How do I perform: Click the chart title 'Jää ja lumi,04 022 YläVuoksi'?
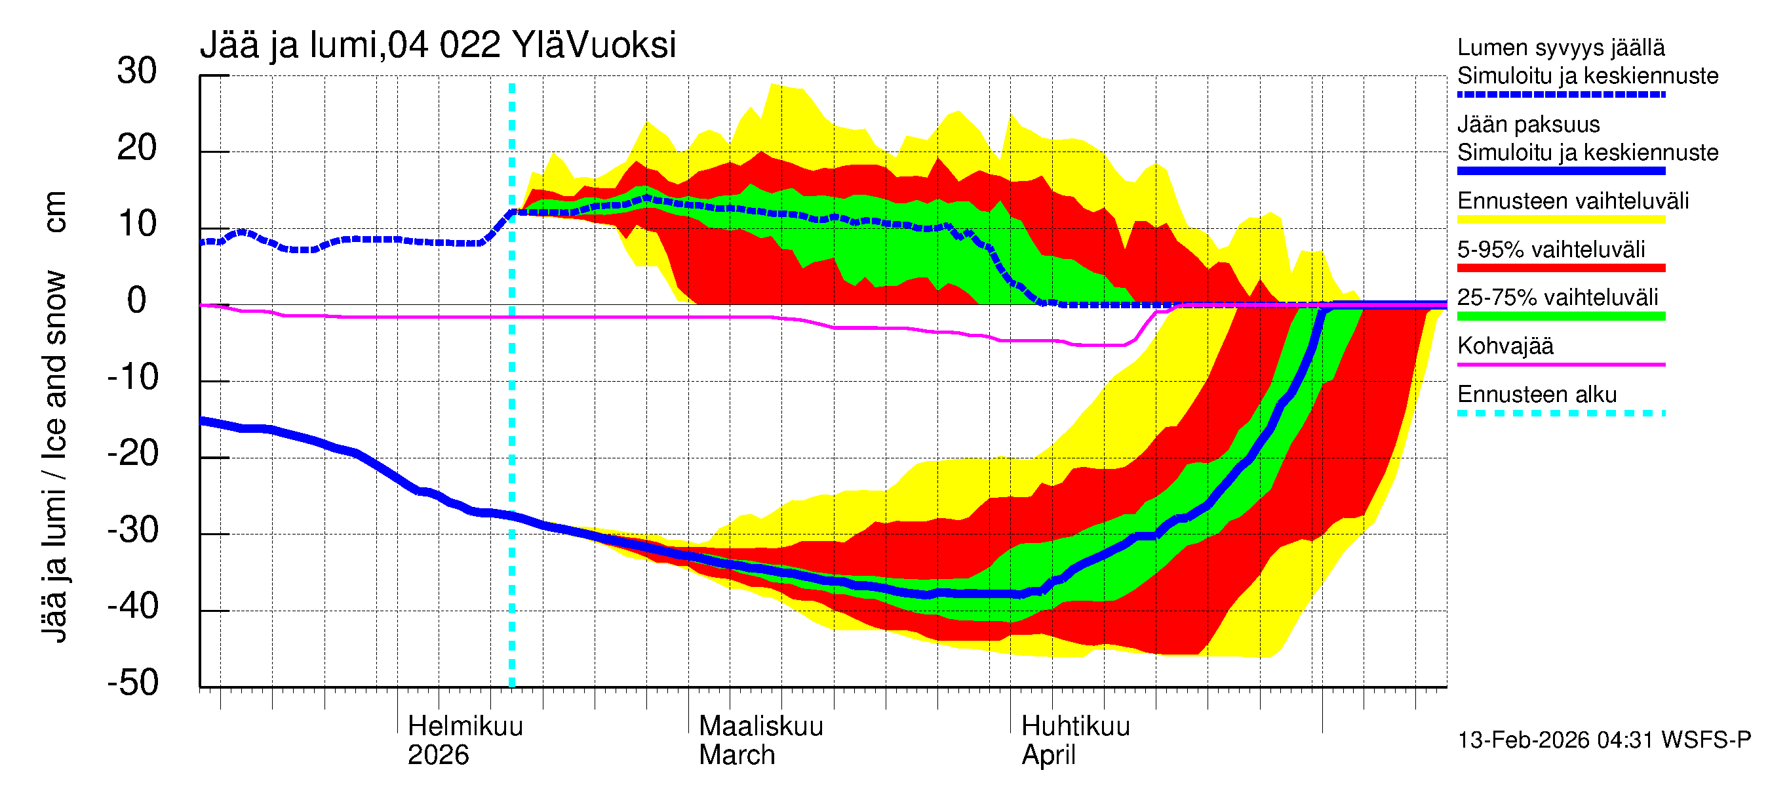[438, 45]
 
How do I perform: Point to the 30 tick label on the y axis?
[137, 71]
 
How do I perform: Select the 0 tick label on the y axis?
[137, 301]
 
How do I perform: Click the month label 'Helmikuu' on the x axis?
[465, 727]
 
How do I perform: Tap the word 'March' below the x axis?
[737, 756]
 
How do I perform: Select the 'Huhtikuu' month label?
[1075, 727]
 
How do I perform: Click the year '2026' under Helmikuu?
[438, 756]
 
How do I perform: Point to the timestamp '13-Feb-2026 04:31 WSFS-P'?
[1603, 740]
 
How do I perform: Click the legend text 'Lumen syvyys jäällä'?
[1561, 47]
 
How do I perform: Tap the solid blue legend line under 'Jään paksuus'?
[1561, 171]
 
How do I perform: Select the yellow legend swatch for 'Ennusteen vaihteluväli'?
[1561, 220]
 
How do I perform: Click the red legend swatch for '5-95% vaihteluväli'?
[1561, 268]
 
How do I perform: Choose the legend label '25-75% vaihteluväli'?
[1558, 298]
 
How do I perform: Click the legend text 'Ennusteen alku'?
[1537, 395]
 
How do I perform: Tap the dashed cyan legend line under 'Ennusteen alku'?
[1561, 414]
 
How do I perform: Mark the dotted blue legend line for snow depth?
[1561, 95]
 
